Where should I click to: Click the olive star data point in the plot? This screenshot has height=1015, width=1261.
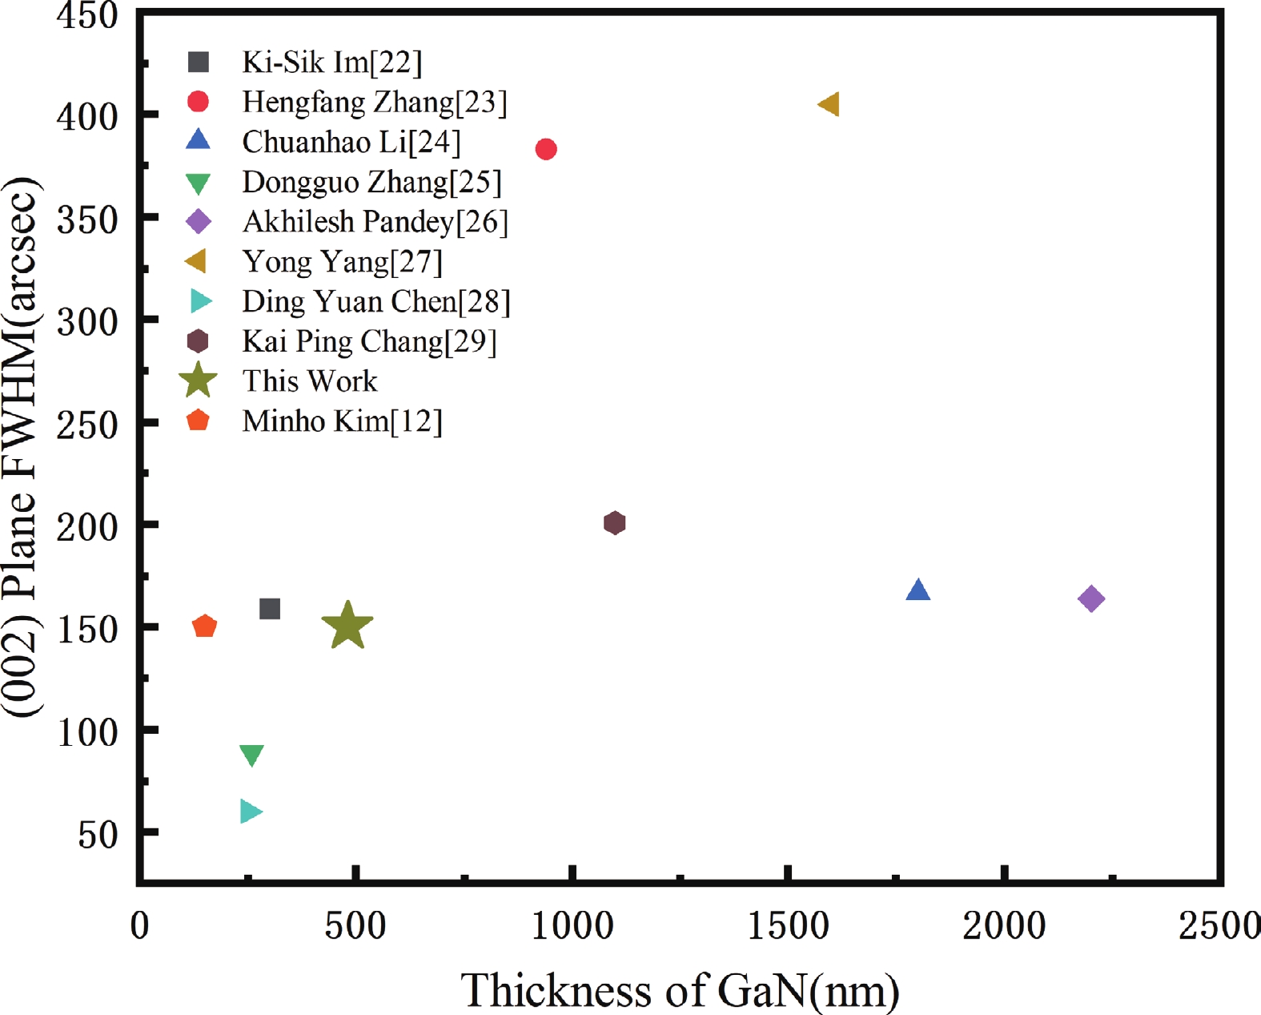[x=347, y=626]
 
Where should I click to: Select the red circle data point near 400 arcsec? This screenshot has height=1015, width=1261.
[x=546, y=149]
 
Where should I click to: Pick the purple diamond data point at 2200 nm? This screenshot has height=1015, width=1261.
[x=1091, y=598]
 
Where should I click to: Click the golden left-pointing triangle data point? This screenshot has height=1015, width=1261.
[x=829, y=104]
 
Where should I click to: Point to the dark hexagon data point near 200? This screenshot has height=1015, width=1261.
[x=614, y=523]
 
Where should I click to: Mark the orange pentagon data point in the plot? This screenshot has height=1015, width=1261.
[x=205, y=626]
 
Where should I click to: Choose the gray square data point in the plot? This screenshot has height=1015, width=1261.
[x=270, y=609]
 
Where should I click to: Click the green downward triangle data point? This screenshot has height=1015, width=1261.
[x=251, y=755]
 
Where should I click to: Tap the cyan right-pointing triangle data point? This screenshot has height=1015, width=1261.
[x=250, y=812]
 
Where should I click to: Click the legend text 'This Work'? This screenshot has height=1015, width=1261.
[x=310, y=381]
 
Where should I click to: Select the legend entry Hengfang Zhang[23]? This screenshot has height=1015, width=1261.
[x=375, y=103]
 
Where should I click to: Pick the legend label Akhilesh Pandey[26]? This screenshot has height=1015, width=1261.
[x=375, y=222]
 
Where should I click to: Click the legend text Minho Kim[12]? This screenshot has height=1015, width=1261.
[x=342, y=421]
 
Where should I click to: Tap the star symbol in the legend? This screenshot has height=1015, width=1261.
[x=198, y=381]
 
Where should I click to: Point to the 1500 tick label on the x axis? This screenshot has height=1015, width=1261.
[x=789, y=926]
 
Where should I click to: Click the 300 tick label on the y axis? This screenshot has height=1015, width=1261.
[x=87, y=321]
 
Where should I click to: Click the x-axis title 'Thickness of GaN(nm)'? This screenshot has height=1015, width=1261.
[x=680, y=990]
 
